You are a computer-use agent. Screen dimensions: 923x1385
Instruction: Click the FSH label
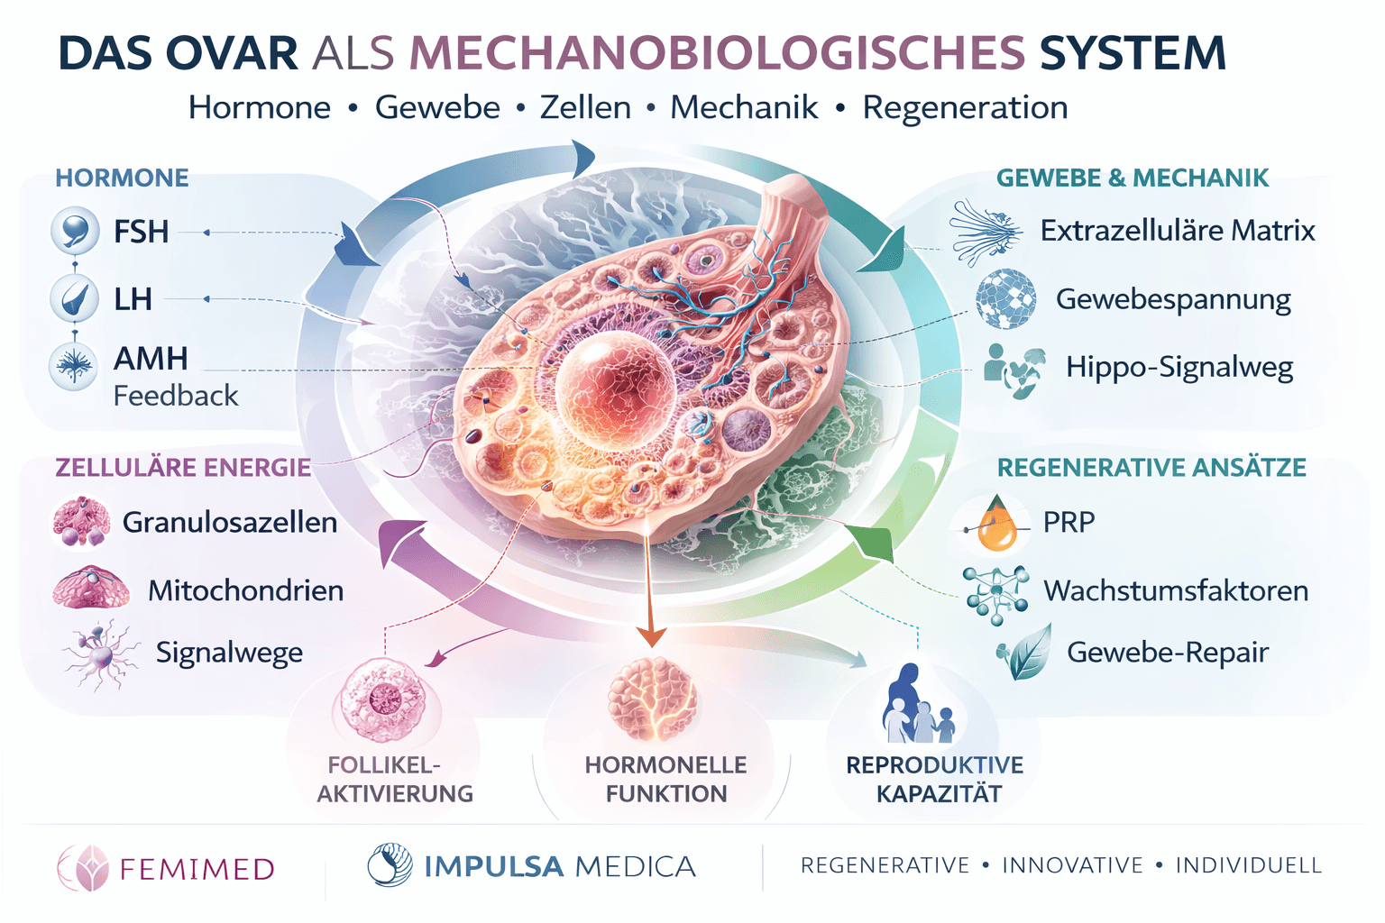(141, 232)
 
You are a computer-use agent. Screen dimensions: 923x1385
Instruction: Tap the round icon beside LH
(74, 298)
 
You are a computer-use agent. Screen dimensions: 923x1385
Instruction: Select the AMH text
(151, 359)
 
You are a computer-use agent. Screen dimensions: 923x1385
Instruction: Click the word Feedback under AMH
(176, 396)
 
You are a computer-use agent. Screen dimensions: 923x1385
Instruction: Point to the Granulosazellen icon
(81, 522)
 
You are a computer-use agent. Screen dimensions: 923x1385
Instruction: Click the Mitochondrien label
(245, 590)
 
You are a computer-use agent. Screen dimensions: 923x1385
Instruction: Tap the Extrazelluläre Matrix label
(1178, 231)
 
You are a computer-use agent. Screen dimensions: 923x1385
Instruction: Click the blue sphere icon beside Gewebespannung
(1005, 298)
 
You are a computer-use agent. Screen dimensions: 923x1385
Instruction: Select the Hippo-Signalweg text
(1179, 367)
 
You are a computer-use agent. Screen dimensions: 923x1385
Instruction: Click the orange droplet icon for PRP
(995, 525)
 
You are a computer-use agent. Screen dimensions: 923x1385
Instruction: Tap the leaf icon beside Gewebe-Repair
(1025, 653)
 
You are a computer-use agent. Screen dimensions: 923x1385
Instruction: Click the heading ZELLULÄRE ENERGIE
(183, 468)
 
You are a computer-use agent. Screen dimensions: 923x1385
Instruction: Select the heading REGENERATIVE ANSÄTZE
(1151, 468)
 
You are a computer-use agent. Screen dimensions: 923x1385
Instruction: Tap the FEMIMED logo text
(197, 869)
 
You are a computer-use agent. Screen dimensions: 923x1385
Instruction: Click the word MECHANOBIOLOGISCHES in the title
(717, 53)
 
